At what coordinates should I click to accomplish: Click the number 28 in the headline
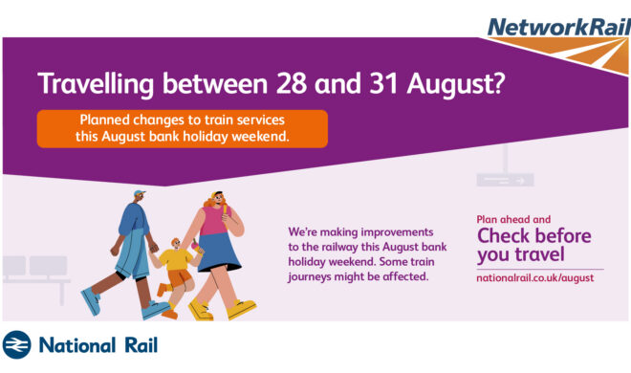pos(293,83)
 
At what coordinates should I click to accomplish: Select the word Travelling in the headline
pos(96,85)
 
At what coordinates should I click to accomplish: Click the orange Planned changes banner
pos(183,129)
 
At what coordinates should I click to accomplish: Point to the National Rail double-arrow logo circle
pos(16,345)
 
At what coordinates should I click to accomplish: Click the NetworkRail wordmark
pos(558,28)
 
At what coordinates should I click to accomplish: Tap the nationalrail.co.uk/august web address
pos(534,278)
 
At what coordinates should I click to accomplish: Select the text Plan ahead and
pos(513,219)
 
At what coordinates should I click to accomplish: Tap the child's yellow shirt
pos(176,259)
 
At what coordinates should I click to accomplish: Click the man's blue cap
pos(140,193)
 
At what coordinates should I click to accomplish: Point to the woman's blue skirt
pos(219,252)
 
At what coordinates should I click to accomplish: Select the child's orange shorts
pos(180,277)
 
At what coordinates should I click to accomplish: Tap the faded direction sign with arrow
pos(505,180)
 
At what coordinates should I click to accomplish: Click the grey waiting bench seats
pos(34,267)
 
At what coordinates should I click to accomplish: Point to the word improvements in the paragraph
pos(397,232)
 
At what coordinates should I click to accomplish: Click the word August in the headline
pos(455,85)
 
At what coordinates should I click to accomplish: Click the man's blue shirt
pos(133,220)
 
